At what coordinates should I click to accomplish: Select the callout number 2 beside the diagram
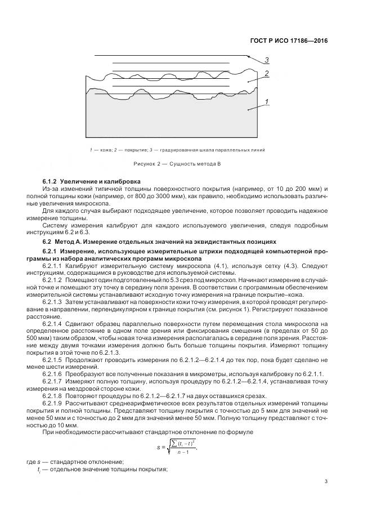(x=267, y=73)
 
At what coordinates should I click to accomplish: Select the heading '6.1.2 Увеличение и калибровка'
(x=91, y=181)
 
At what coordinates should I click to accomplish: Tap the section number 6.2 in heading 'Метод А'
(x=47, y=241)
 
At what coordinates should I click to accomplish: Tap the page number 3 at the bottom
(x=326, y=481)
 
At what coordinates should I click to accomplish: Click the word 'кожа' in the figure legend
(x=101, y=150)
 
